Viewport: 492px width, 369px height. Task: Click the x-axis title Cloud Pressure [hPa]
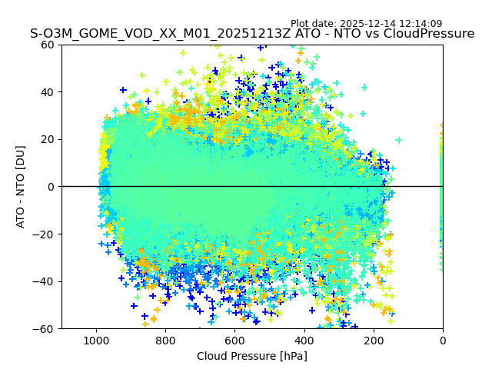252,356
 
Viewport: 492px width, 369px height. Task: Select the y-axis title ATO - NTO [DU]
22,187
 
